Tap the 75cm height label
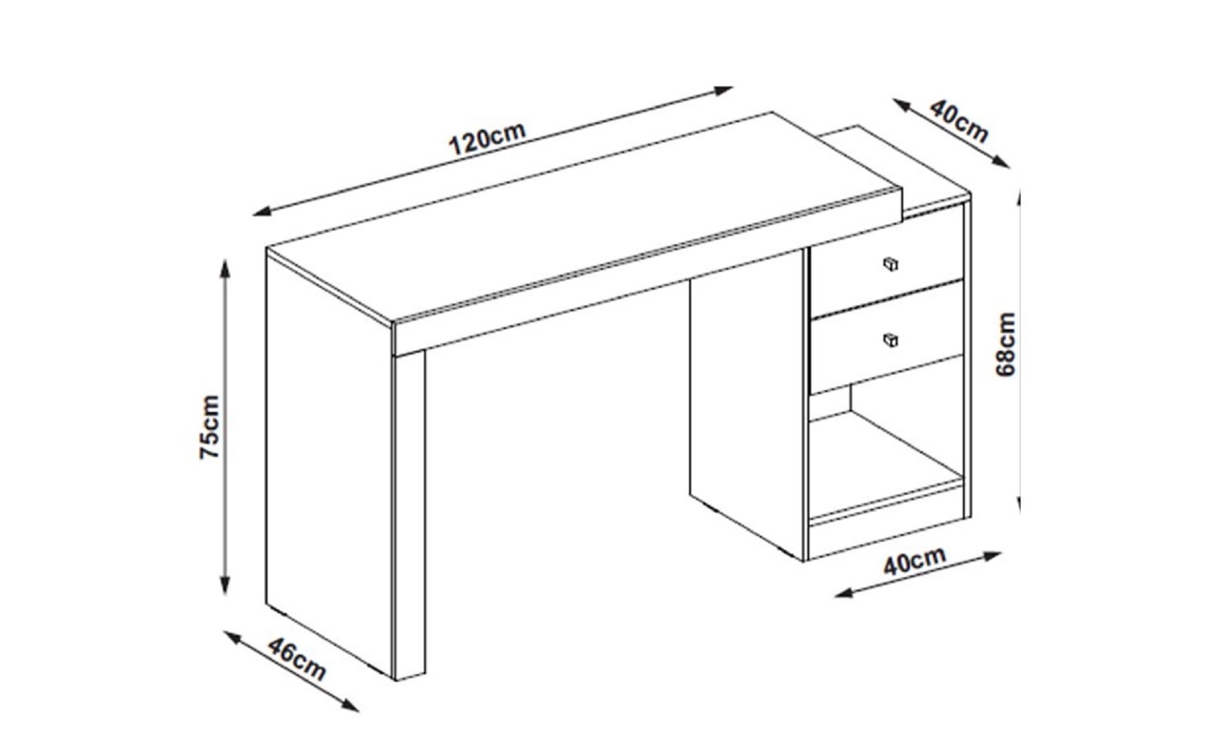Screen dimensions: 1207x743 (210, 427)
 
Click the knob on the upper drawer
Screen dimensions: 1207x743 (891, 264)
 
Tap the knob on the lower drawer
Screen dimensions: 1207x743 (891, 340)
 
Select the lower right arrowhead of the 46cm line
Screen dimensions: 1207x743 (350, 706)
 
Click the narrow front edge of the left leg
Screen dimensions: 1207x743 (410, 514)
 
